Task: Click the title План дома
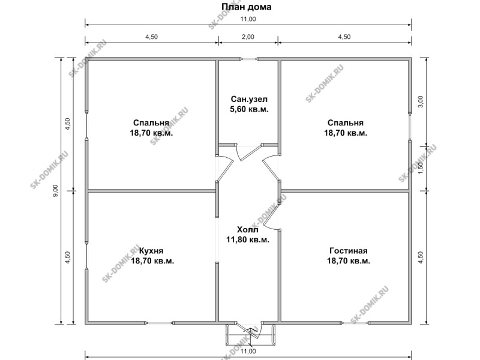[x=246, y=7]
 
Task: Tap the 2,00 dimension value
[x=248, y=37]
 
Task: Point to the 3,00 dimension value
[x=421, y=101]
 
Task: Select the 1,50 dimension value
[x=421, y=168]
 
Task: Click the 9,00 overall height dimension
[x=55, y=191]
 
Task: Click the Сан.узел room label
[x=249, y=99]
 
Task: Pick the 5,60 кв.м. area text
[x=249, y=109]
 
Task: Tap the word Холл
[x=248, y=230]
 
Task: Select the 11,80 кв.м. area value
[x=248, y=239]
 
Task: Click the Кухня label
[x=151, y=251]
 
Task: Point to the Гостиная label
[x=349, y=251]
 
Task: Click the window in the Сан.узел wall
[x=249, y=59]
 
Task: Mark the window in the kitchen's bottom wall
[x=159, y=322]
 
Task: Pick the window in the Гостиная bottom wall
[x=355, y=322]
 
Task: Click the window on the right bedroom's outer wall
[x=410, y=127]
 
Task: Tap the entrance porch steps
[x=250, y=335]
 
